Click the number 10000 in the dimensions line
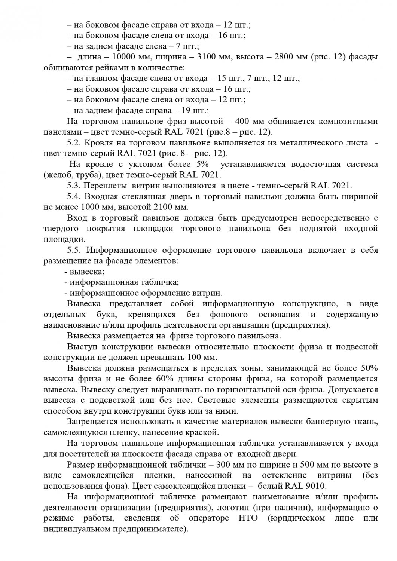pyautogui.click(x=123, y=57)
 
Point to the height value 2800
pyautogui.click(x=287, y=57)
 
